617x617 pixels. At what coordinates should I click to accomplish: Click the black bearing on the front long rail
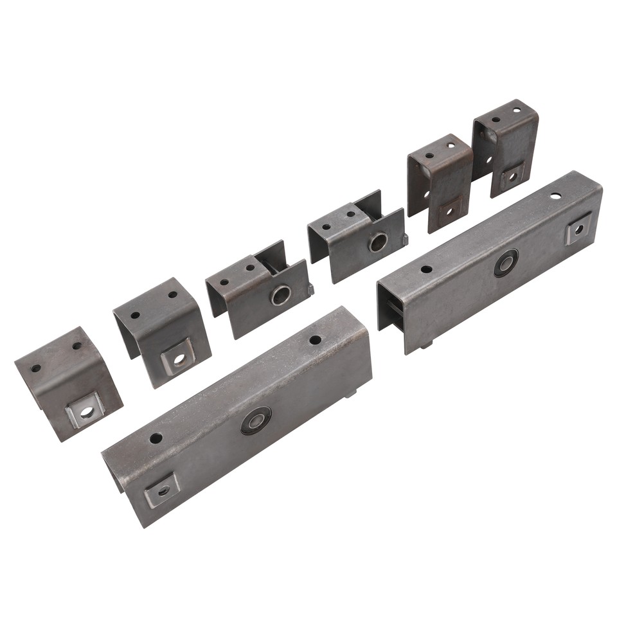[256, 420]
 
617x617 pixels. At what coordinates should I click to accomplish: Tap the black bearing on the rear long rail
[506, 263]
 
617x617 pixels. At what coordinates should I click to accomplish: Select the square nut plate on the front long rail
[161, 490]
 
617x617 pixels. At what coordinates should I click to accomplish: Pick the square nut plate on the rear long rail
[578, 228]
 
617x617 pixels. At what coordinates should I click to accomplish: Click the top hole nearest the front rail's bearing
[315, 339]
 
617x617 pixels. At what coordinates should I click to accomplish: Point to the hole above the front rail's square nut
[156, 438]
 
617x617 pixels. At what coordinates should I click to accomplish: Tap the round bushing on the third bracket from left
[280, 295]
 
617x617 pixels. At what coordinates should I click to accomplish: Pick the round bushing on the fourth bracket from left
[378, 242]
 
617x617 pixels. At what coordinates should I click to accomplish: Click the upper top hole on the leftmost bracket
[77, 346]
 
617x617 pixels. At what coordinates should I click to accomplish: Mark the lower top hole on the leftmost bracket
[36, 368]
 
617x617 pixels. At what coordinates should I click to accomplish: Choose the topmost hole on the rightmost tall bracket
[517, 110]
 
